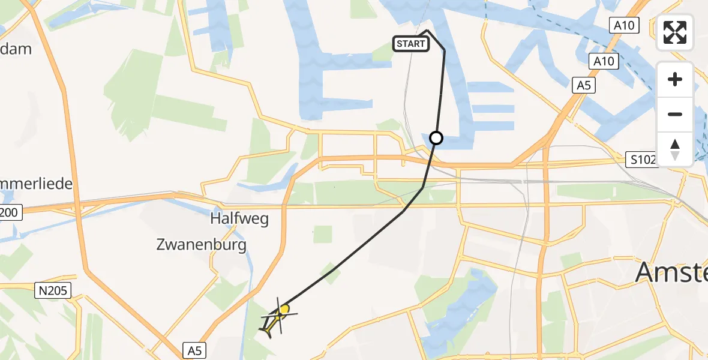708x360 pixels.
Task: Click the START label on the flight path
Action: pos(411,44)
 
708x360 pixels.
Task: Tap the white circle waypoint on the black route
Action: pos(436,138)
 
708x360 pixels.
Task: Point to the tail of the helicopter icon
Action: pos(266,329)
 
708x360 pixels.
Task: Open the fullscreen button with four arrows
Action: pos(675,32)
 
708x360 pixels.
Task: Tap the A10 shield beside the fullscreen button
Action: pos(623,25)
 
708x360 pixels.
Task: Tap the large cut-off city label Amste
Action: pos(671,273)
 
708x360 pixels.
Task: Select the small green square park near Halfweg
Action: pos(323,234)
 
